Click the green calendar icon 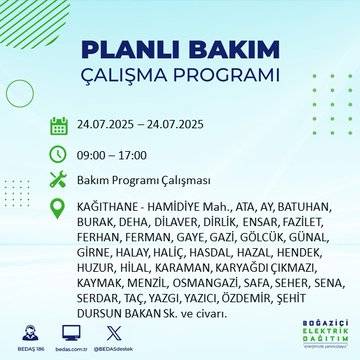(59, 126)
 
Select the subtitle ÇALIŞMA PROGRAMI (180, 78)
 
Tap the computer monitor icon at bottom (71, 330)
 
